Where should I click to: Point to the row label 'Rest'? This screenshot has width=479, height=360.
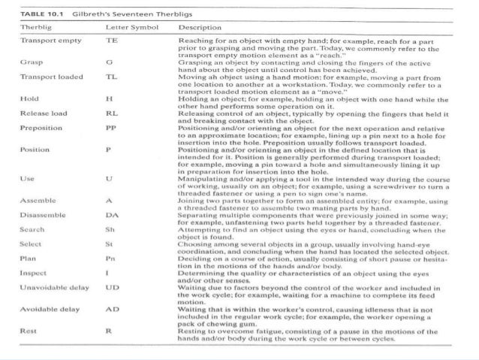tap(28, 330)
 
